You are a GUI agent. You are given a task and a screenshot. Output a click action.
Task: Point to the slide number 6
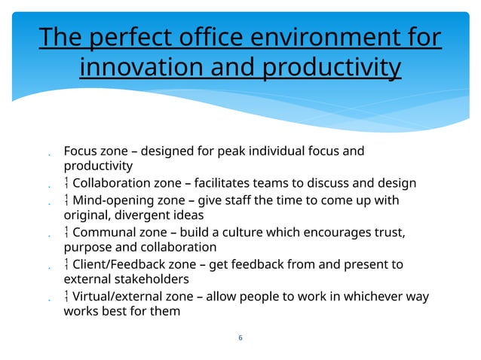click(x=240, y=337)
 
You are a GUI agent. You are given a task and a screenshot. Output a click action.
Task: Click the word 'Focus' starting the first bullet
click(x=79, y=151)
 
